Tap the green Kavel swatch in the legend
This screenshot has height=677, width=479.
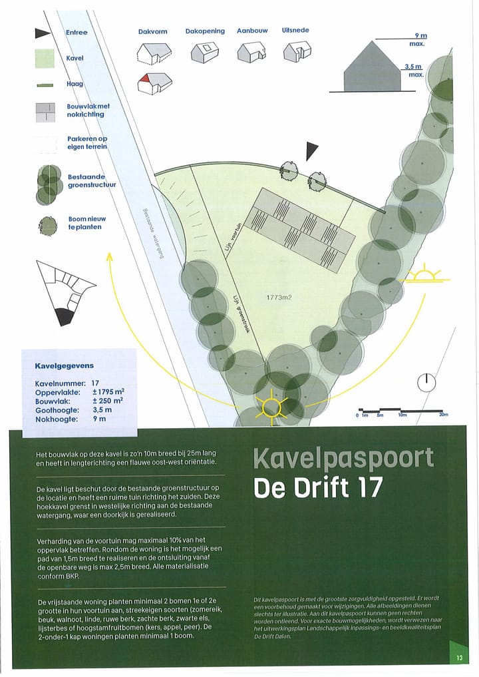point(45,59)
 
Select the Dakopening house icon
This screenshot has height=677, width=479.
point(204,51)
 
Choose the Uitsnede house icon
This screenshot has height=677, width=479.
point(297,51)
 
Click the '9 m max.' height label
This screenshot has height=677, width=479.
point(418,39)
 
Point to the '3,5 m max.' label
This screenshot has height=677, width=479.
point(414,71)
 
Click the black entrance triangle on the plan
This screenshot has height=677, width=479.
point(311,150)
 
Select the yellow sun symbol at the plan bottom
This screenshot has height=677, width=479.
point(272,405)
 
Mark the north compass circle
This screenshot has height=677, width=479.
point(426,382)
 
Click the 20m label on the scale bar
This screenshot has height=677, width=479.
point(444,415)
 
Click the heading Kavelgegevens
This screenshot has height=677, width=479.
point(65,365)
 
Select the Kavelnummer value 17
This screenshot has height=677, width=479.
point(96,383)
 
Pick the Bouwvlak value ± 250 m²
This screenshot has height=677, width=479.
point(108,401)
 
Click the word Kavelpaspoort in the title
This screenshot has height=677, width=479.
point(343,458)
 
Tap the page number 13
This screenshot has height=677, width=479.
point(459,658)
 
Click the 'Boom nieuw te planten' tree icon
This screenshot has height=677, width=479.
point(48,226)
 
